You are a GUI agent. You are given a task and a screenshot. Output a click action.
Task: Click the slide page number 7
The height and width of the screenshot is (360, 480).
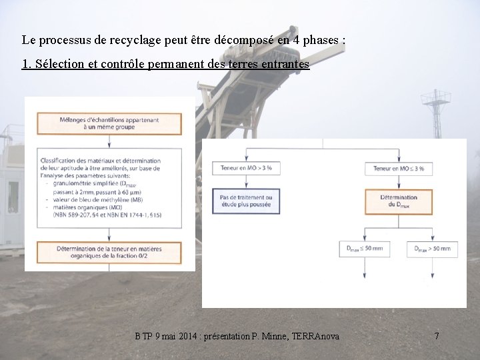click(x=437, y=337)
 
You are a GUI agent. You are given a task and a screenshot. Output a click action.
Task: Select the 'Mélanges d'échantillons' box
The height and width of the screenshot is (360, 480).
click(x=109, y=123)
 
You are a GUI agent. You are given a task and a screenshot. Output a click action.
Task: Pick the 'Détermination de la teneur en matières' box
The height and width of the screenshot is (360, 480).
click(x=109, y=252)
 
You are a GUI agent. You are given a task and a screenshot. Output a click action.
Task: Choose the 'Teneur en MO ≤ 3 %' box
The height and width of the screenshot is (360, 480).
click(x=399, y=169)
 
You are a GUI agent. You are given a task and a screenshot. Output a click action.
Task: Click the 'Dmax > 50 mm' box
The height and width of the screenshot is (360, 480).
click(x=433, y=249)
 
